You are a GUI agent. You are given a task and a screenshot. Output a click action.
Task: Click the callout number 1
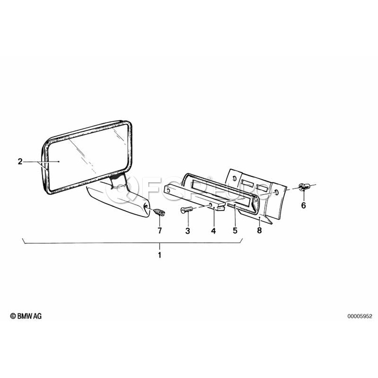159,255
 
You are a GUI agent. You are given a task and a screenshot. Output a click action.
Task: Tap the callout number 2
20,161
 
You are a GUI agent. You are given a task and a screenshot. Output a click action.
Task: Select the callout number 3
188,231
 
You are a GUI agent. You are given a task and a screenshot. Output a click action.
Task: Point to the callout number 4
213,231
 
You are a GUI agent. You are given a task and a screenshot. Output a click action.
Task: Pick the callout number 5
235,231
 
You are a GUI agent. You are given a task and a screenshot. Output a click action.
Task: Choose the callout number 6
304,205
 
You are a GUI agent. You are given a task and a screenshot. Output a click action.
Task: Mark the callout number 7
160,231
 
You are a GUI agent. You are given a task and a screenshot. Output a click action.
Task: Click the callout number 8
259,231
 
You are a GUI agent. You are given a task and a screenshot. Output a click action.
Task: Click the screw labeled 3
186,210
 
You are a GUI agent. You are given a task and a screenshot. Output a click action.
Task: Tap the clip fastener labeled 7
159,211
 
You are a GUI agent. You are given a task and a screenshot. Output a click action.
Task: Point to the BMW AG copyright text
26,316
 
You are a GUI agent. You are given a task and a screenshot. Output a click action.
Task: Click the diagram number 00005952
360,316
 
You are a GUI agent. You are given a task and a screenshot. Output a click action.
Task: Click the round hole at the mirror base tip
146,206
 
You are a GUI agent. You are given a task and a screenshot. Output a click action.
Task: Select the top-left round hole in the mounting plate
234,178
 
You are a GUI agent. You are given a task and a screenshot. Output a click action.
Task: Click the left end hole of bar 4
168,190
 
